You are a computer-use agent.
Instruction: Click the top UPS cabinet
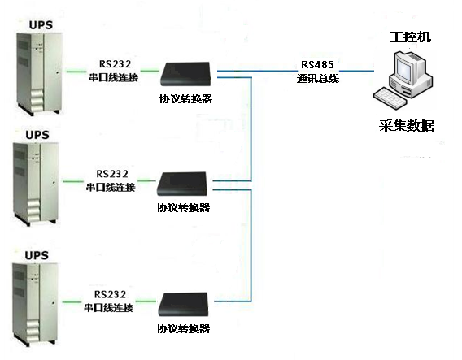point(39,74)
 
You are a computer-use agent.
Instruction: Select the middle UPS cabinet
point(36,184)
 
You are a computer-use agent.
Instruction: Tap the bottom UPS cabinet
point(35,305)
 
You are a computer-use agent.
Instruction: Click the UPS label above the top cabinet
point(41,25)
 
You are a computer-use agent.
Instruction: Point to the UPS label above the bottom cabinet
point(37,255)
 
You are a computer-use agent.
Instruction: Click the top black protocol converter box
point(185,74)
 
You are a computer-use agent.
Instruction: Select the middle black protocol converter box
point(182,184)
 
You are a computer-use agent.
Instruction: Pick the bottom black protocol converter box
point(183,305)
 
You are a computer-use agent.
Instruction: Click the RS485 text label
point(317,64)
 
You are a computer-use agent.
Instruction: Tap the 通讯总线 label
point(318,79)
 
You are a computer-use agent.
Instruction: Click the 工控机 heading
point(410,37)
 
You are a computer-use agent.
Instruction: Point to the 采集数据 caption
point(407,126)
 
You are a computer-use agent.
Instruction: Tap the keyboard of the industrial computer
point(390,98)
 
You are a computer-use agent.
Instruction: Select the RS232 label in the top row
point(115,64)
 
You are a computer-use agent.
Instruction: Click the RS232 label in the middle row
point(112,174)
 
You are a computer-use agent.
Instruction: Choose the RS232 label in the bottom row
point(110,294)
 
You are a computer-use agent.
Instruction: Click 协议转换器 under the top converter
point(186,98)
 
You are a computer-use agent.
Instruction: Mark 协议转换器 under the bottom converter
point(184,328)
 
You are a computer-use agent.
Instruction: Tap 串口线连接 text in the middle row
point(111,187)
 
